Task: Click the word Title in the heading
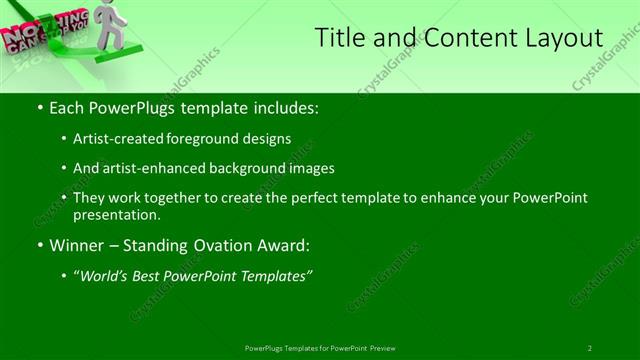(339, 38)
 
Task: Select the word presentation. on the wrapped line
(117, 214)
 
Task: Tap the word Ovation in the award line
(220, 245)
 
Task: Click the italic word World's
(105, 275)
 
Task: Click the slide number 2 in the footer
(590, 348)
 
